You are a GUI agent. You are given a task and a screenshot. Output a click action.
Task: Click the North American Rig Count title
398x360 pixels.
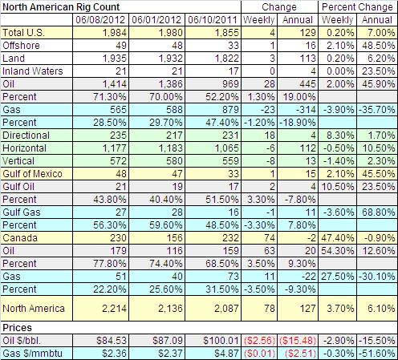coord(61,7)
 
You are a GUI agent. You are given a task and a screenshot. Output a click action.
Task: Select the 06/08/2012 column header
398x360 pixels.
coord(100,20)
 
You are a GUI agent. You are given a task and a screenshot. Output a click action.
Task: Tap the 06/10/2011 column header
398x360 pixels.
coord(213,20)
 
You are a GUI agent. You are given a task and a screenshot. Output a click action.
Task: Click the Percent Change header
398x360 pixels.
coord(357,7)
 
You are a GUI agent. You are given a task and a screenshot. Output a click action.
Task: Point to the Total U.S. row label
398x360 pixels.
coord(23,33)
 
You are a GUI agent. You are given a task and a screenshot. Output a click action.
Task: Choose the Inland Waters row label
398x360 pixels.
coord(33,71)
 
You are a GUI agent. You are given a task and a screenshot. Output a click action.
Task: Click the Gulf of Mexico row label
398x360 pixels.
coord(32,174)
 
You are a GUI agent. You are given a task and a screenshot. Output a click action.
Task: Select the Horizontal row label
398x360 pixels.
coord(24,148)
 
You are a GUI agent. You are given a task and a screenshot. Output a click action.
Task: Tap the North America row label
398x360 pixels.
coord(34,309)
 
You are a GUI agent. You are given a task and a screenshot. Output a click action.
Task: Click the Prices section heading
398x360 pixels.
coord(17,328)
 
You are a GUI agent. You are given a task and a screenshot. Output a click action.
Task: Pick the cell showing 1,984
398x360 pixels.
coord(114,33)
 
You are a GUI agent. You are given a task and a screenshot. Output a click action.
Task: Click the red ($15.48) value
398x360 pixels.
coord(298,341)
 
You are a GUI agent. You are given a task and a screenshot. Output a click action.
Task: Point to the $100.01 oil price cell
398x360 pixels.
coord(221,341)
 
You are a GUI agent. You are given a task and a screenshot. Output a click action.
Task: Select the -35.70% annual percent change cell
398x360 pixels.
coord(377,110)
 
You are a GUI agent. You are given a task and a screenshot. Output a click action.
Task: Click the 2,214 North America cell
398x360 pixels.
coord(114,309)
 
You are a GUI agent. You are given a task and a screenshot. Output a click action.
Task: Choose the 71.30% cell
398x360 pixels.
coord(110,97)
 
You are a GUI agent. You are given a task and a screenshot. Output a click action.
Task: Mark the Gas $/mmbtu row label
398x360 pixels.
coord(32,354)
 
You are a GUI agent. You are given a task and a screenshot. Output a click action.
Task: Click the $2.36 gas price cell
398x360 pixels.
coord(114,354)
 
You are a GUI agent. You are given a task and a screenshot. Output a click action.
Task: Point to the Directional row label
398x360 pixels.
coord(26,136)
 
